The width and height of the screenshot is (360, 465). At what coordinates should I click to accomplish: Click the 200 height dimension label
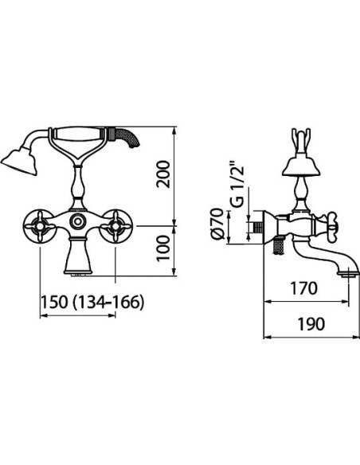pos(164,174)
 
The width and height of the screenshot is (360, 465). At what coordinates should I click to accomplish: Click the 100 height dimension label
pos(163,248)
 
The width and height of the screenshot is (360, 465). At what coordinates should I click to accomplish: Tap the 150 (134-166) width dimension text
pos(92,303)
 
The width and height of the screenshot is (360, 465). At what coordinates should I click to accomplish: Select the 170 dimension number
pos(303,288)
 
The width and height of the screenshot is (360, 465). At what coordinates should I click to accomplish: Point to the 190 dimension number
pos(311,324)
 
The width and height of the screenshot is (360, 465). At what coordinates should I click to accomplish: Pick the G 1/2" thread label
pos(237,186)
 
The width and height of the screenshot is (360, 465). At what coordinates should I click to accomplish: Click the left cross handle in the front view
pos(40,226)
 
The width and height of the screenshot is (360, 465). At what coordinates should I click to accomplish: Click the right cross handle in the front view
pos(115,226)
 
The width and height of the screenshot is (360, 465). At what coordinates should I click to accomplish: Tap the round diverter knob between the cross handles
pos(78,221)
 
